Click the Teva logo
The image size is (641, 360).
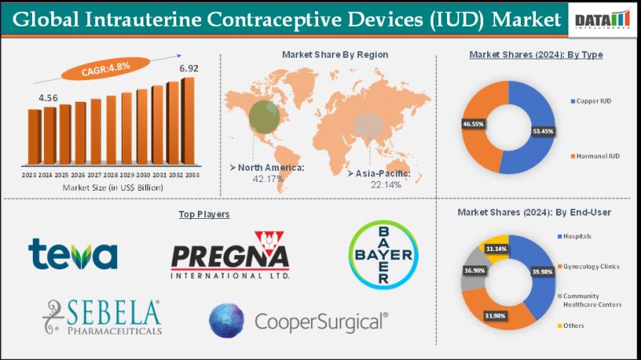pyautogui.click(x=73, y=254)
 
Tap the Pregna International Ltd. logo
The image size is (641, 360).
pyautogui.click(x=230, y=256)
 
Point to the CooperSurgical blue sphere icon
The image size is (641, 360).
pyautogui.click(x=227, y=320)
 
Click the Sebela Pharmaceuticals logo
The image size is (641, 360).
pyautogui.click(x=103, y=318)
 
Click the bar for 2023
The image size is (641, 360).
pyautogui.click(x=34, y=136)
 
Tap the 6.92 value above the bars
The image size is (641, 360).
pyautogui.click(x=189, y=68)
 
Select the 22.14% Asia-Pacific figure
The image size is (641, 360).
pyautogui.click(x=385, y=184)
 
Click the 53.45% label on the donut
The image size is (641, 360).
pyautogui.click(x=541, y=129)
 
